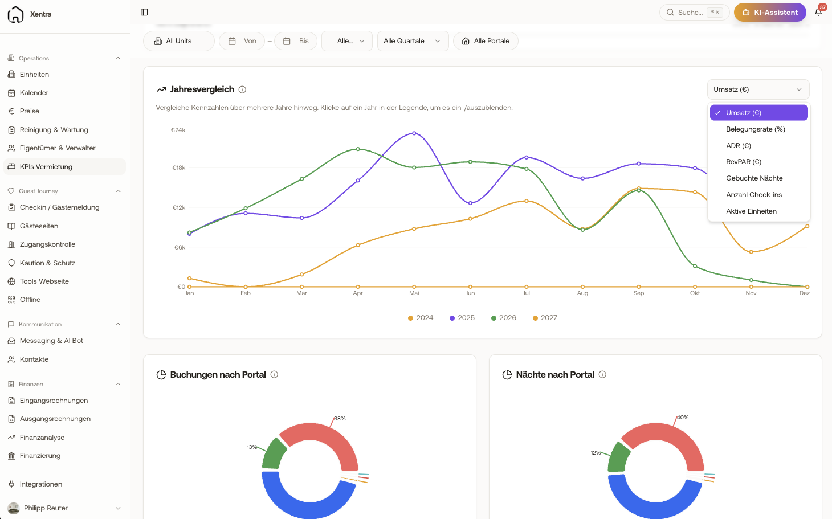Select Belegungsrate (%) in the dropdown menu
pyautogui.click(x=756, y=129)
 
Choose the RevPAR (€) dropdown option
pyautogui.click(x=744, y=161)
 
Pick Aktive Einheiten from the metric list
pyautogui.click(x=751, y=211)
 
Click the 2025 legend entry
pyautogui.click(x=462, y=318)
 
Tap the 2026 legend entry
pyautogui.click(x=504, y=318)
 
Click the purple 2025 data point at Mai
pyautogui.click(x=414, y=133)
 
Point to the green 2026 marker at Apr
pyautogui.click(x=358, y=149)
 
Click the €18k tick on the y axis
pyautogui.click(x=179, y=168)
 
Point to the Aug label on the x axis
pyautogui.click(x=582, y=293)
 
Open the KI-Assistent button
pyautogui.click(x=770, y=13)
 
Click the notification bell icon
pyautogui.click(x=818, y=13)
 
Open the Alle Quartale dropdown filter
pyautogui.click(x=413, y=41)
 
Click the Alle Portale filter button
pyautogui.click(x=486, y=41)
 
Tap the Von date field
pyautogui.click(x=242, y=41)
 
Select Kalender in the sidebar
pyautogui.click(x=34, y=93)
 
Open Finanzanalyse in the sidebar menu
pyautogui.click(x=42, y=438)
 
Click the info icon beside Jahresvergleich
pyautogui.click(x=242, y=89)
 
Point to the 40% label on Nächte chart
pyautogui.click(x=683, y=417)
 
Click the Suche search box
pyautogui.click(x=694, y=13)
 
